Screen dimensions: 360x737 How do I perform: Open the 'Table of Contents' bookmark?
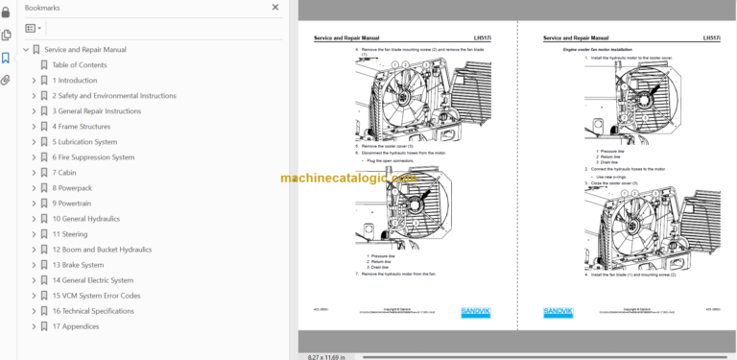click(79, 65)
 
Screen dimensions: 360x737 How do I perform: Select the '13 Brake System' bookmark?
click(78, 265)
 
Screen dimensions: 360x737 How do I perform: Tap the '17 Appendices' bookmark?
click(76, 326)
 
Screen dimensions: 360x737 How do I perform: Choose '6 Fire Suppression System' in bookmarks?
click(93, 157)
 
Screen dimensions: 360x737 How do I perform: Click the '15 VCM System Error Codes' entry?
click(96, 296)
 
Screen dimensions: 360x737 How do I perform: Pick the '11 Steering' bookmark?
click(69, 234)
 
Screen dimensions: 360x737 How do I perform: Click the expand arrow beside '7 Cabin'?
click(34, 173)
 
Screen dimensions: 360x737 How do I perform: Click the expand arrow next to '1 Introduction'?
click(34, 81)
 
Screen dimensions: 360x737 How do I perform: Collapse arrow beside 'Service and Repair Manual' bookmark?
click(26, 50)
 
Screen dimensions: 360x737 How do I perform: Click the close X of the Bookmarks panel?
click(278, 8)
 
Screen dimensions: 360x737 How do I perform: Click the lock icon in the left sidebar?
click(7, 12)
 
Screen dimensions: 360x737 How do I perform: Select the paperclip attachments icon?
click(7, 81)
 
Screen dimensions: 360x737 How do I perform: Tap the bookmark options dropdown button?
click(34, 29)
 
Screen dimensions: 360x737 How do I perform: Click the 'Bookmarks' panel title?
click(42, 8)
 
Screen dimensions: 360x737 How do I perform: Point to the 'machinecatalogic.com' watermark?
click(348, 179)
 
